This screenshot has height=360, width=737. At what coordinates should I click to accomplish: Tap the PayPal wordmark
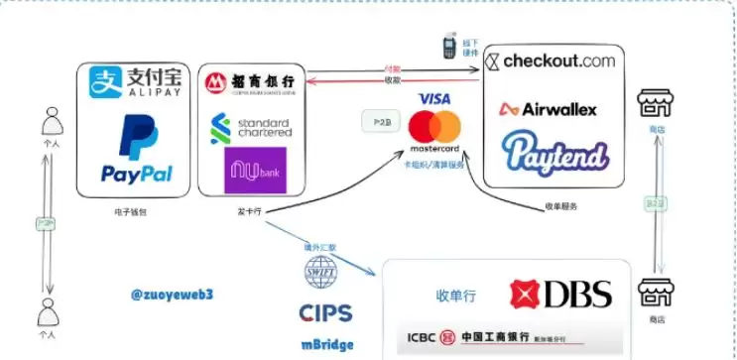click(x=137, y=175)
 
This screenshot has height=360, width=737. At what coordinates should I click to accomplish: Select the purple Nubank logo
click(x=255, y=171)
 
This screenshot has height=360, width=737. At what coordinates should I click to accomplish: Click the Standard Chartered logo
click(x=253, y=125)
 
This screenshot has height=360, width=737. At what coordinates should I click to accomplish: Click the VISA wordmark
click(x=434, y=99)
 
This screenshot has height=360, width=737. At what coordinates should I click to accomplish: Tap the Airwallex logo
click(x=548, y=109)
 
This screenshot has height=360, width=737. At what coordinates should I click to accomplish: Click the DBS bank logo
click(x=560, y=294)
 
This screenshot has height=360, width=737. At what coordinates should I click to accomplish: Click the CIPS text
click(x=325, y=313)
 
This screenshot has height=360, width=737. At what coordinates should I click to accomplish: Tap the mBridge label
click(x=326, y=345)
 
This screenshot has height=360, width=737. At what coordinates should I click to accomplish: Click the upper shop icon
click(x=656, y=105)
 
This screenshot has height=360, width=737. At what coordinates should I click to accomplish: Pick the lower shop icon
click(x=656, y=294)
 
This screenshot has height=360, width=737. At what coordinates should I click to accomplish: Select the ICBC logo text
click(x=421, y=338)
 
